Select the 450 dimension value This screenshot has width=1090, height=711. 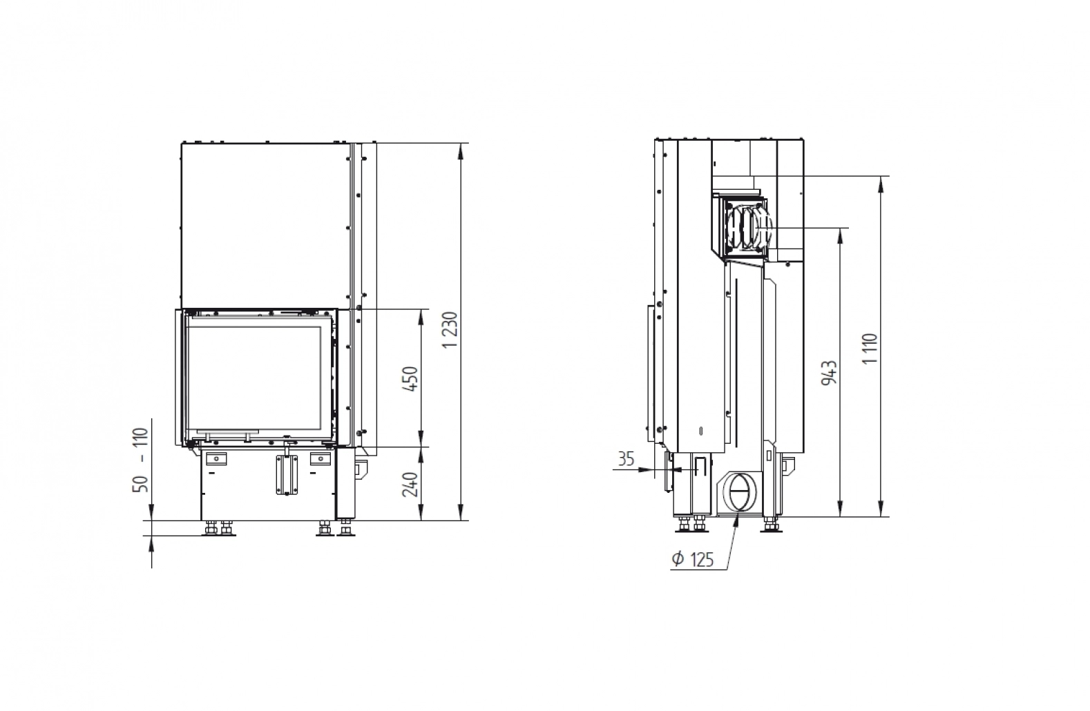coord(411,379)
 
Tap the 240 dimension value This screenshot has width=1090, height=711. coord(411,484)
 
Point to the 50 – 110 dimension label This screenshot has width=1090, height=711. coord(141,460)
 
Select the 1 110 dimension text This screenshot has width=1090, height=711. coord(871,349)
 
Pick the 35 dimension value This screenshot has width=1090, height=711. coord(626,459)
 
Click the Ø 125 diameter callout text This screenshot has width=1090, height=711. coord(692,559)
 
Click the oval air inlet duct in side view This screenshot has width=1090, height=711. coord(738,492)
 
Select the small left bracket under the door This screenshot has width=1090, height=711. coord(216,458)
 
